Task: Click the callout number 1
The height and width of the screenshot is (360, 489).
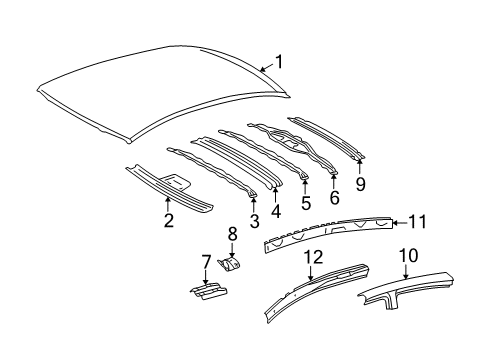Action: click(x=280, y=61)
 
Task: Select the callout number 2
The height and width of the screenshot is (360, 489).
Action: click(x=168, y=220)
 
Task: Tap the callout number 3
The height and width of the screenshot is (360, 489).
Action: click(x=254, y=220)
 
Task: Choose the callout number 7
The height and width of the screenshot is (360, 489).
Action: click(x=207, y=262)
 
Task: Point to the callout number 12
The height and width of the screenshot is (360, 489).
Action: click(x=312, y=258)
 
